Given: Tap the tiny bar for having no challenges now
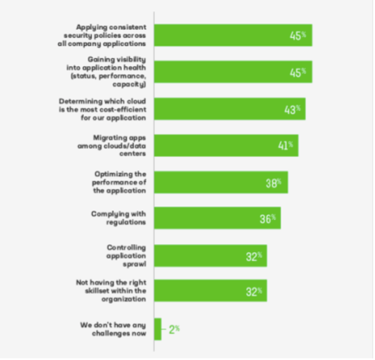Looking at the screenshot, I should pos(158,329).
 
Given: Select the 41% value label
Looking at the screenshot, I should pos(285,145).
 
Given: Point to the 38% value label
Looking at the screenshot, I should pos(274,183).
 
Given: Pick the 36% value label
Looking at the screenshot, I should pos(267,219).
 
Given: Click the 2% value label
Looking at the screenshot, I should pos(174,329).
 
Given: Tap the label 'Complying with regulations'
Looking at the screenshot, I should pos(118,218).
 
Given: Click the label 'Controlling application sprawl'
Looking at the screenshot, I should pos(126,256).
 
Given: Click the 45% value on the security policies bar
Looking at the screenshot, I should pos(298,36).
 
